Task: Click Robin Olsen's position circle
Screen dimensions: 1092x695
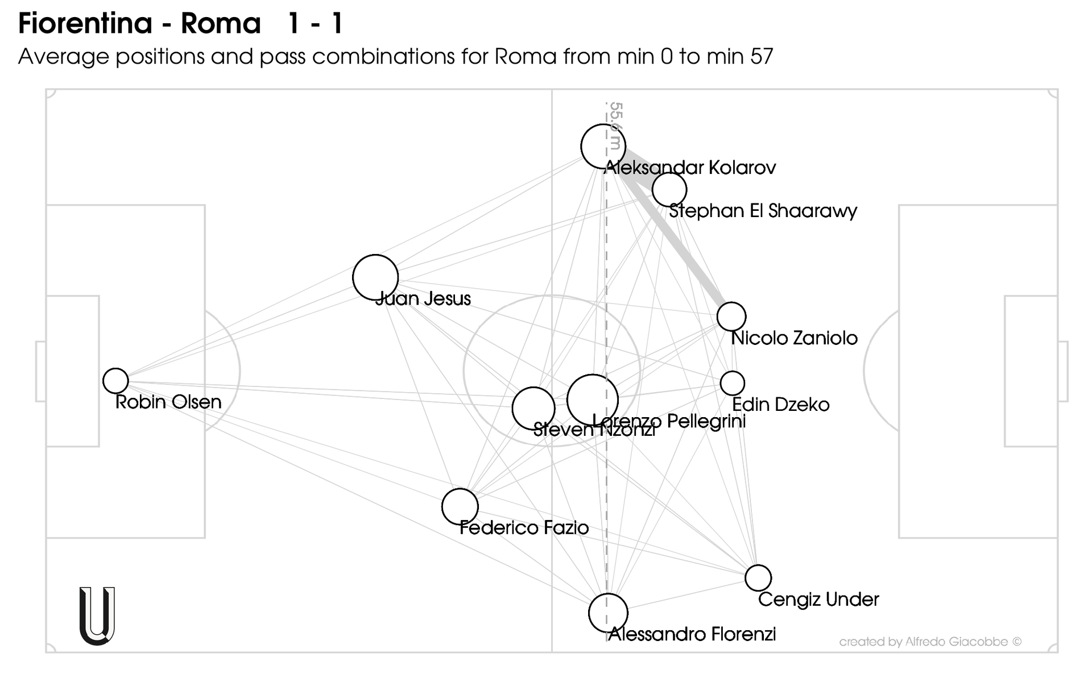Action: [115, 380]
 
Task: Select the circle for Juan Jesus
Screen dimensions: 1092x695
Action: [375, 277]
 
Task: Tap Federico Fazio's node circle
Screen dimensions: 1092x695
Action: [460, 506]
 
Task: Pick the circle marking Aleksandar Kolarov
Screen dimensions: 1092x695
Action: [603, 147]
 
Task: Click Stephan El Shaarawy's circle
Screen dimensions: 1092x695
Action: [669, 189]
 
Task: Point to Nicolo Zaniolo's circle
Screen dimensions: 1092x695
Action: [731, 317]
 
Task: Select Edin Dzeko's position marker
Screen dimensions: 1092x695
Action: [733, 383]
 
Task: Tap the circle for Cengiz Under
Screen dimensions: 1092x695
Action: [758, 578]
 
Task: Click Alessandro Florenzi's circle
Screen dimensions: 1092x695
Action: [608, 613]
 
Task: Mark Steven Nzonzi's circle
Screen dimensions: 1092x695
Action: [533, 408]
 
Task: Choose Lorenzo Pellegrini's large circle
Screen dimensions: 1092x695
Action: [593, 399]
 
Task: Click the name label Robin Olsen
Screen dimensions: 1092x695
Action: [168, 402]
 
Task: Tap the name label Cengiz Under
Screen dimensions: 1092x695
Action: [818, 600]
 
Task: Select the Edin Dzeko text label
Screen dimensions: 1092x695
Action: [780, 405]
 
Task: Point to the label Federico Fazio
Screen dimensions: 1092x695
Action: [524, 528]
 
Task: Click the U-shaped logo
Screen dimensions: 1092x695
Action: [97, 616]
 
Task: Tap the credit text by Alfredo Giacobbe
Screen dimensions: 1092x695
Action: [930, 642]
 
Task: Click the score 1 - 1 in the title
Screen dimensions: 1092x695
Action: [316, 24]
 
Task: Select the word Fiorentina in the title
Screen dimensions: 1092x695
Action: [85, 24]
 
